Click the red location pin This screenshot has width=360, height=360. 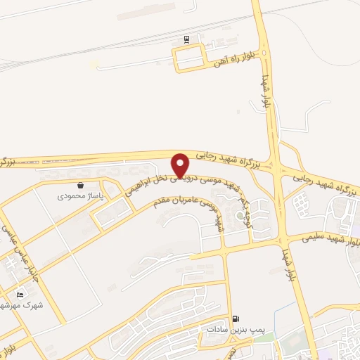tap(181, 165)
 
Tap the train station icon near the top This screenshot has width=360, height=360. tap(186, 39)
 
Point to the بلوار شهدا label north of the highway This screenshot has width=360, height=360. tap(266, 91)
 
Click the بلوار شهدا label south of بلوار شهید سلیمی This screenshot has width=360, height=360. tap(288, 264)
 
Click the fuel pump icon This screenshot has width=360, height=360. tap(234, 319)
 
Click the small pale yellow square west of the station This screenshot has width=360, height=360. tap(94, 64)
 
